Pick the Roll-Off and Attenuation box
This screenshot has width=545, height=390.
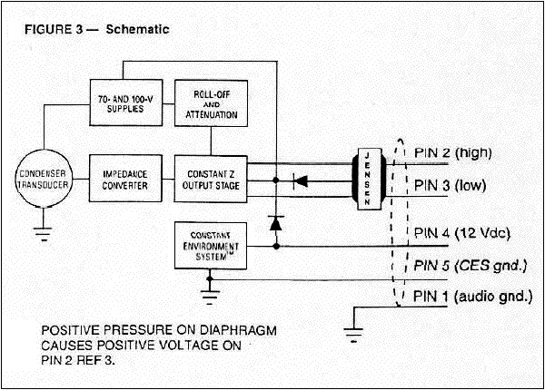tap(211, 104)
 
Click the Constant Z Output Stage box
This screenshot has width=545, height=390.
tap(211, 173)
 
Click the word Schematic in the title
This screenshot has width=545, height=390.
tap(138, 29)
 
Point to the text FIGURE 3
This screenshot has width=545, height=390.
tap(53, 29)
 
